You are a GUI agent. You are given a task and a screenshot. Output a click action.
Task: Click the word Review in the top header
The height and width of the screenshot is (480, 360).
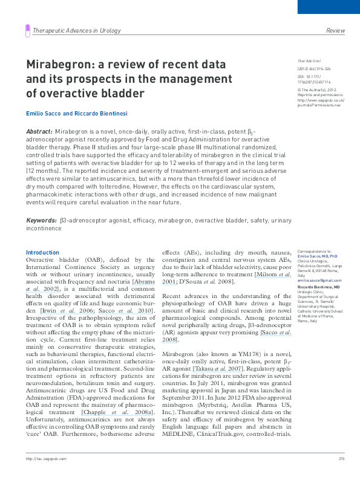pos(335,30)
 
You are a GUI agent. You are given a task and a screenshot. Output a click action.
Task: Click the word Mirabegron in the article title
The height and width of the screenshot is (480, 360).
pos(56,64)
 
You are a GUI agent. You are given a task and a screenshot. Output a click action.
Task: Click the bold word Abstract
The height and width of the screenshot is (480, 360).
pos(39,131)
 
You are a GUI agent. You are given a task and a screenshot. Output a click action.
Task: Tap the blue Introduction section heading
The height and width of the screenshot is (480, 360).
pos(42,252)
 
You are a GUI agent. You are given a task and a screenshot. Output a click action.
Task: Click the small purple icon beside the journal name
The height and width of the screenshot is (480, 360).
pos(27,30)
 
